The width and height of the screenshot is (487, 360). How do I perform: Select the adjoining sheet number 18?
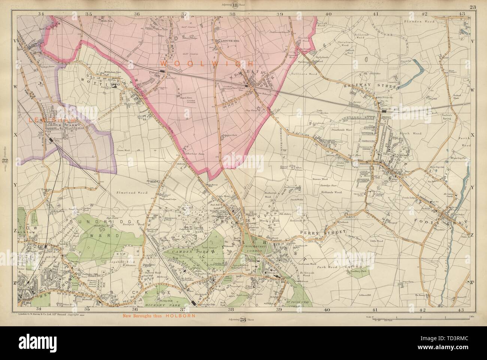coord(235,5)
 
